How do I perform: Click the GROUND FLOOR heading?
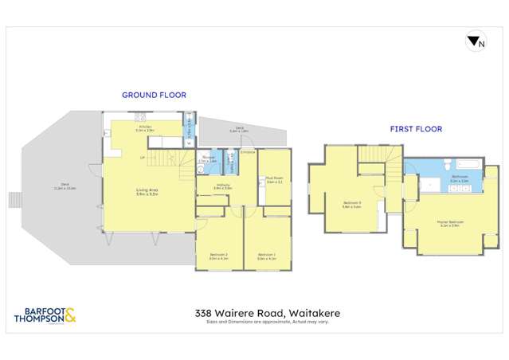[154, 95]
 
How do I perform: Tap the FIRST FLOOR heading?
[415, 128]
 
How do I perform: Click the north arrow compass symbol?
[475, 43]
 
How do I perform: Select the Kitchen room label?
[145, 127]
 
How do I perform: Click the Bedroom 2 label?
[218, 256]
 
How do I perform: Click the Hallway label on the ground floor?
[224, 186]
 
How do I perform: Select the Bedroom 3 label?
[353, 204]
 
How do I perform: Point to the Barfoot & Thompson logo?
[44, 316]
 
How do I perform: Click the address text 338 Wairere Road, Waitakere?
[254, 314]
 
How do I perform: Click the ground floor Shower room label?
[206, 159]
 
